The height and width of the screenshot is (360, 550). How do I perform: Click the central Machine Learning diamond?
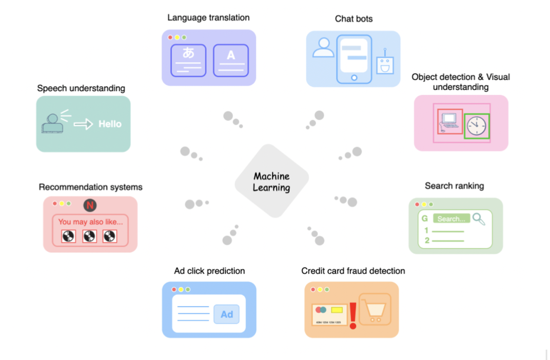coord(272,182)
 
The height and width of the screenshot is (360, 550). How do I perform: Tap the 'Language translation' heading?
coord(208,17)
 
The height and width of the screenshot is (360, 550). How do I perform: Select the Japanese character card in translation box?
coord(188,60)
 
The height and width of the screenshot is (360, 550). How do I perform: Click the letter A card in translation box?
coord(231,60)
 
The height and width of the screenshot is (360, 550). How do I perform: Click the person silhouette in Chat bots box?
coord(323,48)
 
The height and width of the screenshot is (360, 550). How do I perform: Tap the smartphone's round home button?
coord(353,77)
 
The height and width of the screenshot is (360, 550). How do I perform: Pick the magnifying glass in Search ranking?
coord(479,219)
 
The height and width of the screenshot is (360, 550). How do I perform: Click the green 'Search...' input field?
coord(451,218)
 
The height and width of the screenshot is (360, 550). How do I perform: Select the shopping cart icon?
coord(375,309)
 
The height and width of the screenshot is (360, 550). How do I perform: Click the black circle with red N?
coord(90,206)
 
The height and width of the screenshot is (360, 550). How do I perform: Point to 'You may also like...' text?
coord(91,222)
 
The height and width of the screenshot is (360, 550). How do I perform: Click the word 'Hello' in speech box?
coord(110,124)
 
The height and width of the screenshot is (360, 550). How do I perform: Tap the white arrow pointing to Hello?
coord(83,124)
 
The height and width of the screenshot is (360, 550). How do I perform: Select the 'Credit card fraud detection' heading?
coord(353,271)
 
